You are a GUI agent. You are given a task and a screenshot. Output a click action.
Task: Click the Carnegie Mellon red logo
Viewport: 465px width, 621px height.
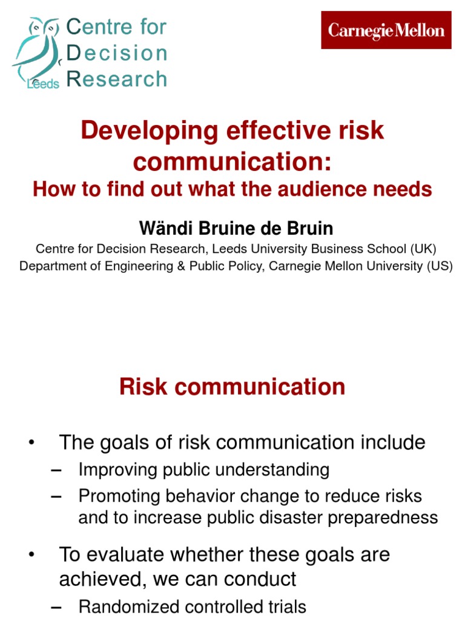[x=386, y=30]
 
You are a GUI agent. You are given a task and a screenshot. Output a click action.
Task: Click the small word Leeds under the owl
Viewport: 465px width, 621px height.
[x=44, y=84]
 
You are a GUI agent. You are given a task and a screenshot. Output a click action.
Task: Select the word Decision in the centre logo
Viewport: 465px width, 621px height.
[x=117, y=53]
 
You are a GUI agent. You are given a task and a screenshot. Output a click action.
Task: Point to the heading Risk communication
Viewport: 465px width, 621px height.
[x=232, y=387]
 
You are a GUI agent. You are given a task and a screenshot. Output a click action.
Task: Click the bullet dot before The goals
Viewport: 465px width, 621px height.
[x=32, y=443]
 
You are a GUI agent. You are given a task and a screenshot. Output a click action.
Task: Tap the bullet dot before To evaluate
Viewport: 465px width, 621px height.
[x=32, y=554]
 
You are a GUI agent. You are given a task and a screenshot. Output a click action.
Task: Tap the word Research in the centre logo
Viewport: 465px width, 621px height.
[x=117, y=79]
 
